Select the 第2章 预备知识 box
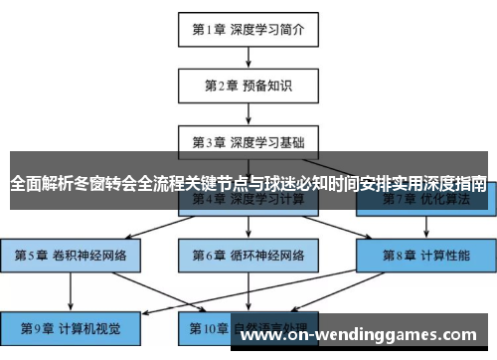pyautogui.click(x=248, y=85)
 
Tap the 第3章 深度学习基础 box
pyautogui.click(x=248, y=140)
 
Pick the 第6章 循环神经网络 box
pyautogui.click(x=248, y=255)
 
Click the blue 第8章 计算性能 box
pyautogui.click(x=424, y=255)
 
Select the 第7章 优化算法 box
pyautogui.click(x=424, y=199)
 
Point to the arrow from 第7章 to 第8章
pyautogui.click(x=424, y=227)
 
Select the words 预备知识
pyautogui.click(x=267, y=85)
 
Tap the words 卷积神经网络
pyautogui.click(x=89, y=255)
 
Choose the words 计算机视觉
pyautogui.click(x=89, y=325)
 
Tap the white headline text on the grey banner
pyautogui.click(x=248, y=184)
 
